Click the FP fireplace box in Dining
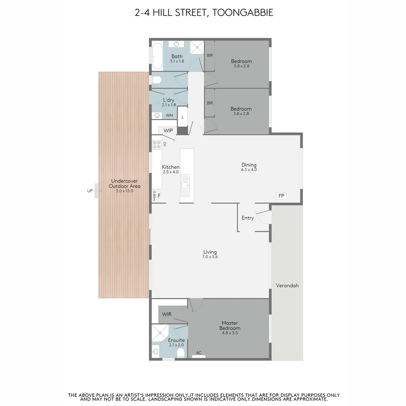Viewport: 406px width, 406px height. coord(281,196)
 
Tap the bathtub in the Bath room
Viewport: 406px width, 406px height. coord(157,56)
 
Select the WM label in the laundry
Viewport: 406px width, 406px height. coord(169,115)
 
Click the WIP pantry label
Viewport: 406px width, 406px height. coord(168,130)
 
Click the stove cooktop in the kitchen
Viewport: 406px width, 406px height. coord(156,145)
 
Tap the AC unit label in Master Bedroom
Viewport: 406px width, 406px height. coord(199,353)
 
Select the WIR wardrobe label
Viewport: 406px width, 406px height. coord(167,314)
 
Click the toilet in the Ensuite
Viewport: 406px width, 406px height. coord(181,353)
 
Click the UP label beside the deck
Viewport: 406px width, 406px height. coord(90,191)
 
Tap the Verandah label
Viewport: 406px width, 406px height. coord(287,285)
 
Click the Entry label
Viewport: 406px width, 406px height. coord(248,218)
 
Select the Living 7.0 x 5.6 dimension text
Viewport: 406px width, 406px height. coord(210,257)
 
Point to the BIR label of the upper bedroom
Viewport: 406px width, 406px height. coord(210,55)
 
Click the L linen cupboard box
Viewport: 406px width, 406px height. coord(183,117)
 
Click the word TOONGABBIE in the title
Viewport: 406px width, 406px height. coord(242,12)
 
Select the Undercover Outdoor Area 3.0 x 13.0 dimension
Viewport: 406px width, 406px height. coord(124,191)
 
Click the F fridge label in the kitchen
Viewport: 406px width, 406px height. coord(159,196)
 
